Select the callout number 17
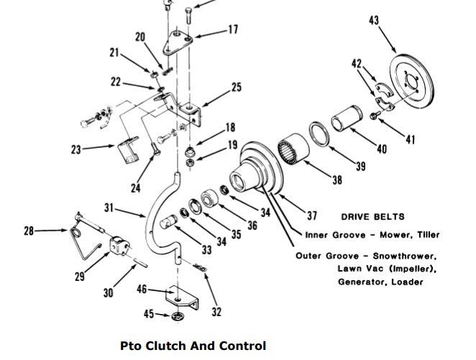[233, 29]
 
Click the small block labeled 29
[119, 247]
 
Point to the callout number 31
[109, 208]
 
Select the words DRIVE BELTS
[373, 216]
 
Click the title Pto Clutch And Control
[193, 346]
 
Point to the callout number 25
[237, 88]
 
